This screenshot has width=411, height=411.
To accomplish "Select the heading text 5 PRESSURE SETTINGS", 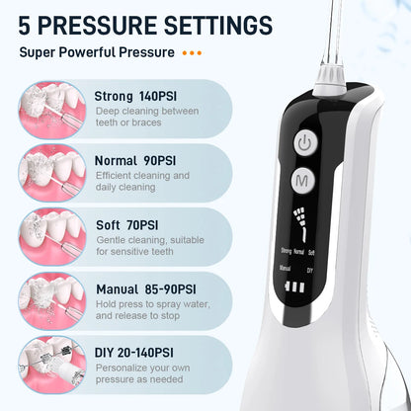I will [138, 23].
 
